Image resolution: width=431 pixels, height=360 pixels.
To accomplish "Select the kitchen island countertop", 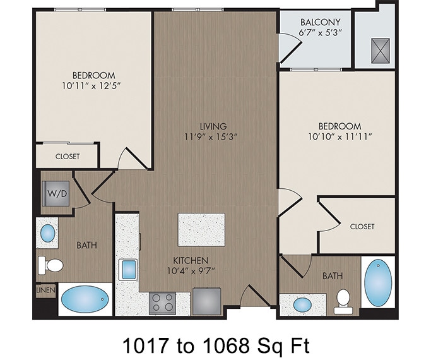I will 201,229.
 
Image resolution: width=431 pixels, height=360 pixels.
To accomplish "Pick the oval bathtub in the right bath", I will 379,282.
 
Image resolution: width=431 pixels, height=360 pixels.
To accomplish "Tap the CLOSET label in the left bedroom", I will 68,156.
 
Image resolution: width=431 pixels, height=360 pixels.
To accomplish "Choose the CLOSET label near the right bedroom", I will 362,226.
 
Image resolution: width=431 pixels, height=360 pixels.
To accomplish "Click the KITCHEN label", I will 192,260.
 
